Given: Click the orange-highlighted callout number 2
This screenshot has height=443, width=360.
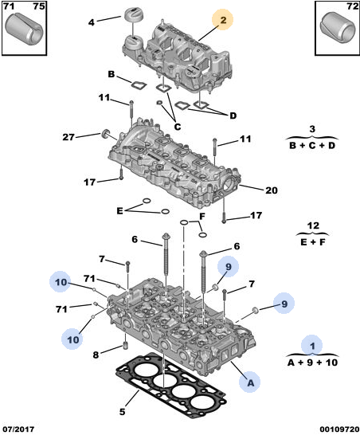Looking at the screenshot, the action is click(x=223, y=19).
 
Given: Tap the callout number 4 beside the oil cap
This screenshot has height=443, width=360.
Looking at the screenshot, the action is click(x=92, y=22).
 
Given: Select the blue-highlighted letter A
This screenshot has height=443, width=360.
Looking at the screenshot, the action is click(x=250, y=382).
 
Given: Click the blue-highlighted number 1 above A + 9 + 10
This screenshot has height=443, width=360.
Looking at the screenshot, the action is click(x=312, y=346).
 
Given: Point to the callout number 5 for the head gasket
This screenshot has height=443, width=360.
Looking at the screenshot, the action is click(x=122, y=411).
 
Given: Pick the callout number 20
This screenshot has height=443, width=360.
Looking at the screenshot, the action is click(x=272, y=190).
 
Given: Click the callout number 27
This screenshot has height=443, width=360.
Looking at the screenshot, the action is click(x=68, y=137).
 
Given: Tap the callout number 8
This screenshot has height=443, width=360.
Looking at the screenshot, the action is click(x=96, y=355).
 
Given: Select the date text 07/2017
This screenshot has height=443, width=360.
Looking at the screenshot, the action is click(x=18, y=429).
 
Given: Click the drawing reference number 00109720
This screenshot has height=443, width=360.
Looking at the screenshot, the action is click(x=339, y=429).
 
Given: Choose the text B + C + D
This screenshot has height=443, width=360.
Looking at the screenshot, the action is click(x=312, y=145).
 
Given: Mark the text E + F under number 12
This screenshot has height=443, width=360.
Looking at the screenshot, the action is click(x=312, y=242).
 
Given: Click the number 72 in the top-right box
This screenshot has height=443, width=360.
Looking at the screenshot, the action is click(x=352, y=6).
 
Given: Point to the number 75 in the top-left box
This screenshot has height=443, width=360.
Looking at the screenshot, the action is click(x=39, y=6).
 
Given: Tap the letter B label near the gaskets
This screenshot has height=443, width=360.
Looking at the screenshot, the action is click(x=112, y=74).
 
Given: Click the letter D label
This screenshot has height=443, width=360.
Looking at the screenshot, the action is click(x=233, y=116).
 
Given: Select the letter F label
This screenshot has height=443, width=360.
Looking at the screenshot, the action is click(x=202, y=217).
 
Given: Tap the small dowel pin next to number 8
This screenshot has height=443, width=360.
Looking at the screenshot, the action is click(x=126, y=345).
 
